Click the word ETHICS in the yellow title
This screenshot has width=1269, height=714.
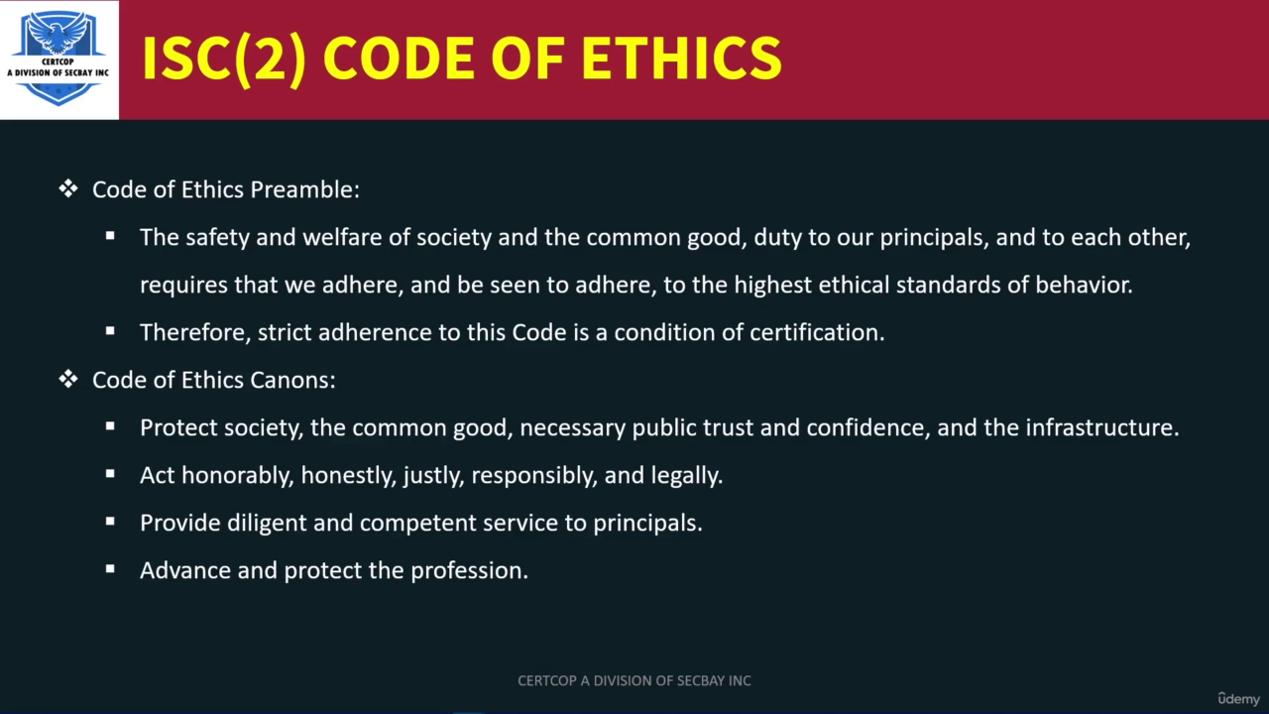[x=681, y=59]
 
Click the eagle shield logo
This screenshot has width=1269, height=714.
[x=58, y=59]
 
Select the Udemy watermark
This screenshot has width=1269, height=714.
[x=1239, y=699]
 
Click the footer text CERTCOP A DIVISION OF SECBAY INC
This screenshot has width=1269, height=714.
[x=634, y=680]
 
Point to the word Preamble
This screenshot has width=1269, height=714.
[x=304, y=189]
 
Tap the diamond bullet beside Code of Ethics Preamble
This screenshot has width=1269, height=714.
[x=68, y=188]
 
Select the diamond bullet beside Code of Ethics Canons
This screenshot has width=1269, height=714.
[x=68, y=379]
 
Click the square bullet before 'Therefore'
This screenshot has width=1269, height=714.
[x=110, y=331]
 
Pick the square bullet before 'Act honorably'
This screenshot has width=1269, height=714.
[x=110, y=474]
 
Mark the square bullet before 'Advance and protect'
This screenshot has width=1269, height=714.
[x=110, y=569]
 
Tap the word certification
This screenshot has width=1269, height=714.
[x=817, y=332]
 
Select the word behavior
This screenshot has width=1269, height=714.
[x=1084, y=285]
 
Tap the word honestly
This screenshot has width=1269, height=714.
[x=348, y=476]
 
